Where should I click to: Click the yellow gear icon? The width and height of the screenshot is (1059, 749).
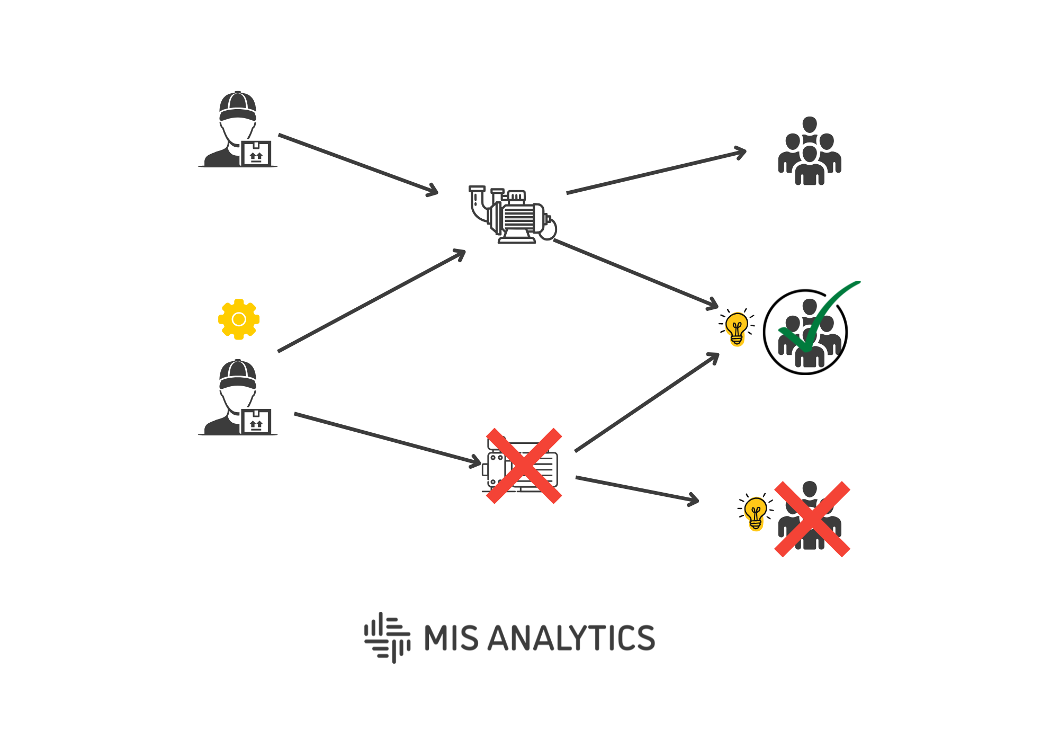click(x=239, y=319)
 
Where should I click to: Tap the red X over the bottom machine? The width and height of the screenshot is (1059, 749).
click(x=524, y=466)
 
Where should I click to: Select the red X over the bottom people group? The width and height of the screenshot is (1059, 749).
click(x=812, y=519)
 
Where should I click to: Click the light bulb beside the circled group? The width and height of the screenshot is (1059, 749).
click(x=737, y=327)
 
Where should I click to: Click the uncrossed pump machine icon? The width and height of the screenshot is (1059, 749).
click(x=513, y=215)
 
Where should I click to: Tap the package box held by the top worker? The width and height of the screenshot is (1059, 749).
click(x=256, y=154)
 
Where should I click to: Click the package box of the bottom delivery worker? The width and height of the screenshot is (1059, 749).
click(x=256, y=422)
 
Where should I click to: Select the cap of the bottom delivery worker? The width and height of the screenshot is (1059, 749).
click(x=238, y=375)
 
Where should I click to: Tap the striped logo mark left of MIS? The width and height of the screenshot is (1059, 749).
click(x=388, y=637)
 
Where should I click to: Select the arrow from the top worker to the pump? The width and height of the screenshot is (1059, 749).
click(x=358, y=164)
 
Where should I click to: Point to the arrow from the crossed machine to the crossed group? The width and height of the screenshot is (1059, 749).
click(x=637, y=489)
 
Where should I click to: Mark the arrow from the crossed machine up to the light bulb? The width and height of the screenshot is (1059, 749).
click(x=647, y=403)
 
